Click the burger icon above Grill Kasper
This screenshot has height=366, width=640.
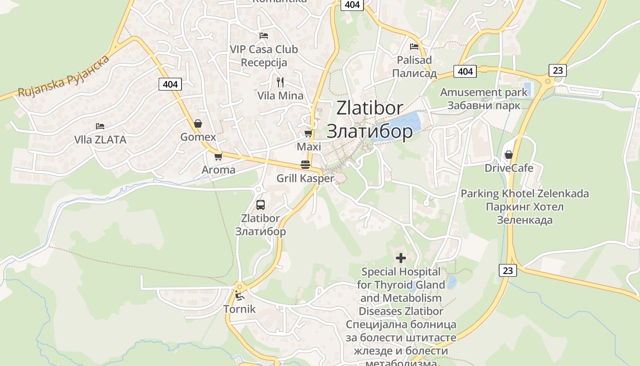coord(305,165)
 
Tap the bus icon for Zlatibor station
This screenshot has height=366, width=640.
coord(261,205)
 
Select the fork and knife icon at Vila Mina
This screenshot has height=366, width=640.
coord(280,82)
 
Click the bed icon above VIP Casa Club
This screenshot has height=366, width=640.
coord(264,35)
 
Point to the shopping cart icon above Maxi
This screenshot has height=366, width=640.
coord(309,134)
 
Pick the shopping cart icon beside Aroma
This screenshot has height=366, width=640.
coord(219,156)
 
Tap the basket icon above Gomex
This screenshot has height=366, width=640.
coord(198,124)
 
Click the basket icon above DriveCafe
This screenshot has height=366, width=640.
coord(508,155)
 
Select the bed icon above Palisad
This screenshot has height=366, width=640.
coord(414,46)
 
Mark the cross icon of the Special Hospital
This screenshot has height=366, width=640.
coord(401,258)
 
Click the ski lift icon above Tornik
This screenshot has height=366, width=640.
coord(239,296)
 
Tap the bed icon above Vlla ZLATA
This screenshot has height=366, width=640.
coord(100,126)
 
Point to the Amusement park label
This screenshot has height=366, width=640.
coord(484,92)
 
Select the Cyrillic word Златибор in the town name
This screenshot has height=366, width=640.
coord(369,131)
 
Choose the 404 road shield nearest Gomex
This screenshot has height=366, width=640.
coord(170,84)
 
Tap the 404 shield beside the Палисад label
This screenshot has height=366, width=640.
coord(465,71)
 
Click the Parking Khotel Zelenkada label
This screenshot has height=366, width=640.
coord(524,194)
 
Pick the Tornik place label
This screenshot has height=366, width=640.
coord(240,309)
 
